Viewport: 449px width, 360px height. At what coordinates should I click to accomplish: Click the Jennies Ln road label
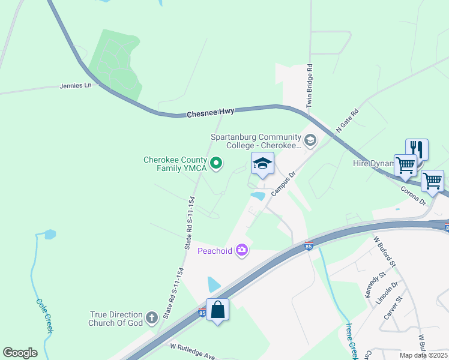76,86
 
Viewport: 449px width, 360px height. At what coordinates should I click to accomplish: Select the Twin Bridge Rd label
310,85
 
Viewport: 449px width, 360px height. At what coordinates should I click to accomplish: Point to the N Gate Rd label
347,121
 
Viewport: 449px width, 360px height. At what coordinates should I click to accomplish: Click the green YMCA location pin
217,162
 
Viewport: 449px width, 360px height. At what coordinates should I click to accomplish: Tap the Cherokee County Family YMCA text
175,164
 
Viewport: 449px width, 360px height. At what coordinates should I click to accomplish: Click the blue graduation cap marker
262,164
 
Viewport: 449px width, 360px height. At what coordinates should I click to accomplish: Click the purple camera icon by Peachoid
242,250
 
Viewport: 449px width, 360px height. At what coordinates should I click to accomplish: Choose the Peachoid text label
215,251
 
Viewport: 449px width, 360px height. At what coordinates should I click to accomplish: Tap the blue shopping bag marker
218,310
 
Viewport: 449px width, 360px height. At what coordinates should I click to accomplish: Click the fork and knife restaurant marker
417,149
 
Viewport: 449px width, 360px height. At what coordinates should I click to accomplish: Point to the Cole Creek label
46,316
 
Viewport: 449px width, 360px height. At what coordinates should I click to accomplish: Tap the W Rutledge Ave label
192,350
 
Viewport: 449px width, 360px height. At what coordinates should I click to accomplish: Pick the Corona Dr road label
413,195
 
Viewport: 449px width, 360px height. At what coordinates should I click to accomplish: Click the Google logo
20,353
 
